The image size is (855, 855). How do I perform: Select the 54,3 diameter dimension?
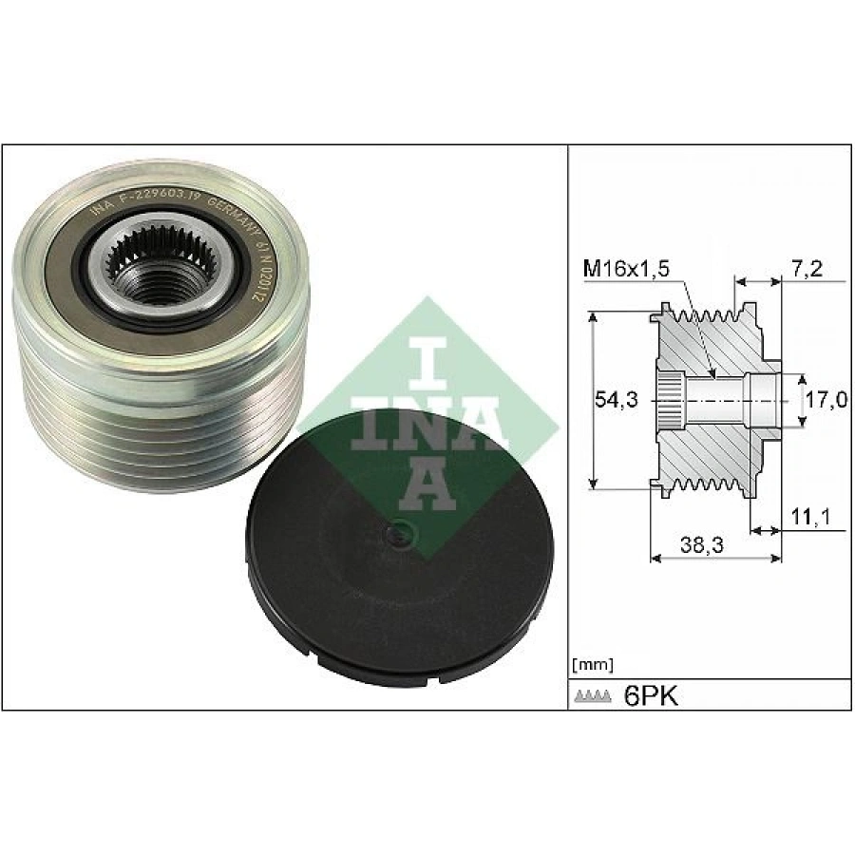617,400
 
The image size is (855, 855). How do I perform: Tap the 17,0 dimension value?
826,400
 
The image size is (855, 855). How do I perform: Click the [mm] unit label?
593,664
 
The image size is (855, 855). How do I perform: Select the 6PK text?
651,696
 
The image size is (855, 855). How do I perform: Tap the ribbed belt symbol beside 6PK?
594,698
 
